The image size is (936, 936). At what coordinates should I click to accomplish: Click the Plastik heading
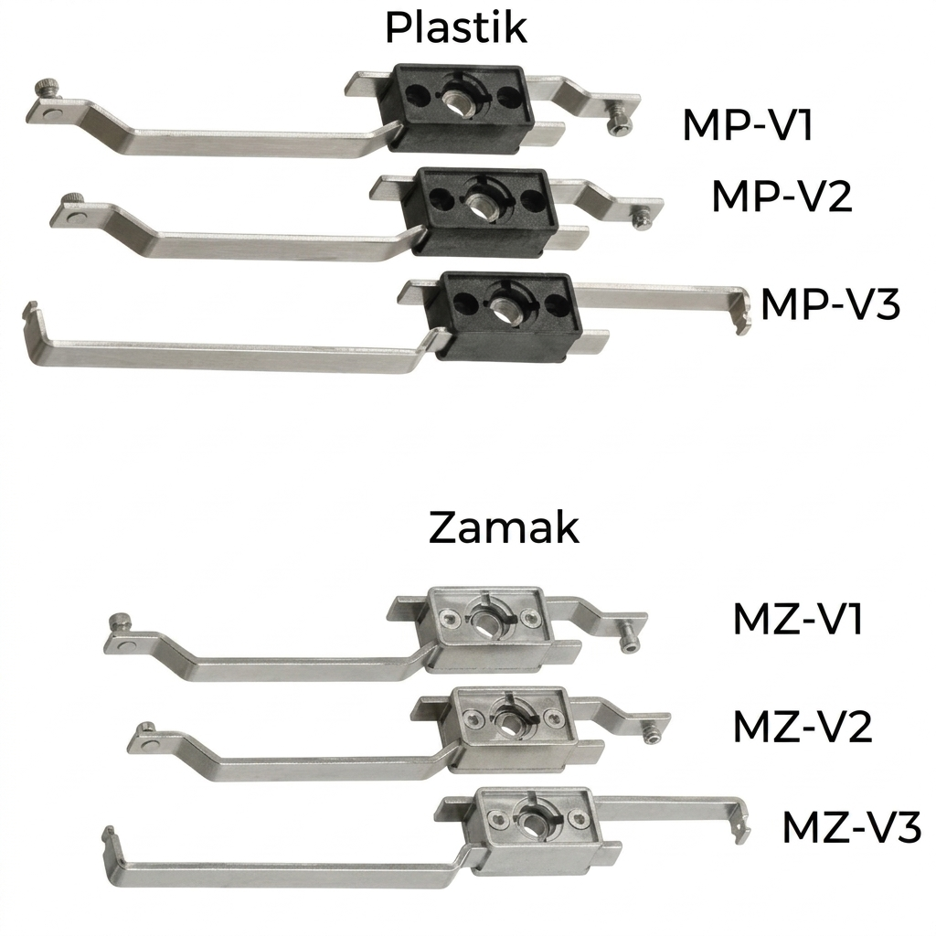click(x=456, y=27)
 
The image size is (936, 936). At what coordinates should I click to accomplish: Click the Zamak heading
click(x=504, y=527)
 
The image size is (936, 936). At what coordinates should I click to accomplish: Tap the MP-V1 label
click(x=748, y=124)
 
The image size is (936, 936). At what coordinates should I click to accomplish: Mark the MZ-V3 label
click(x=852, y=826)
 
